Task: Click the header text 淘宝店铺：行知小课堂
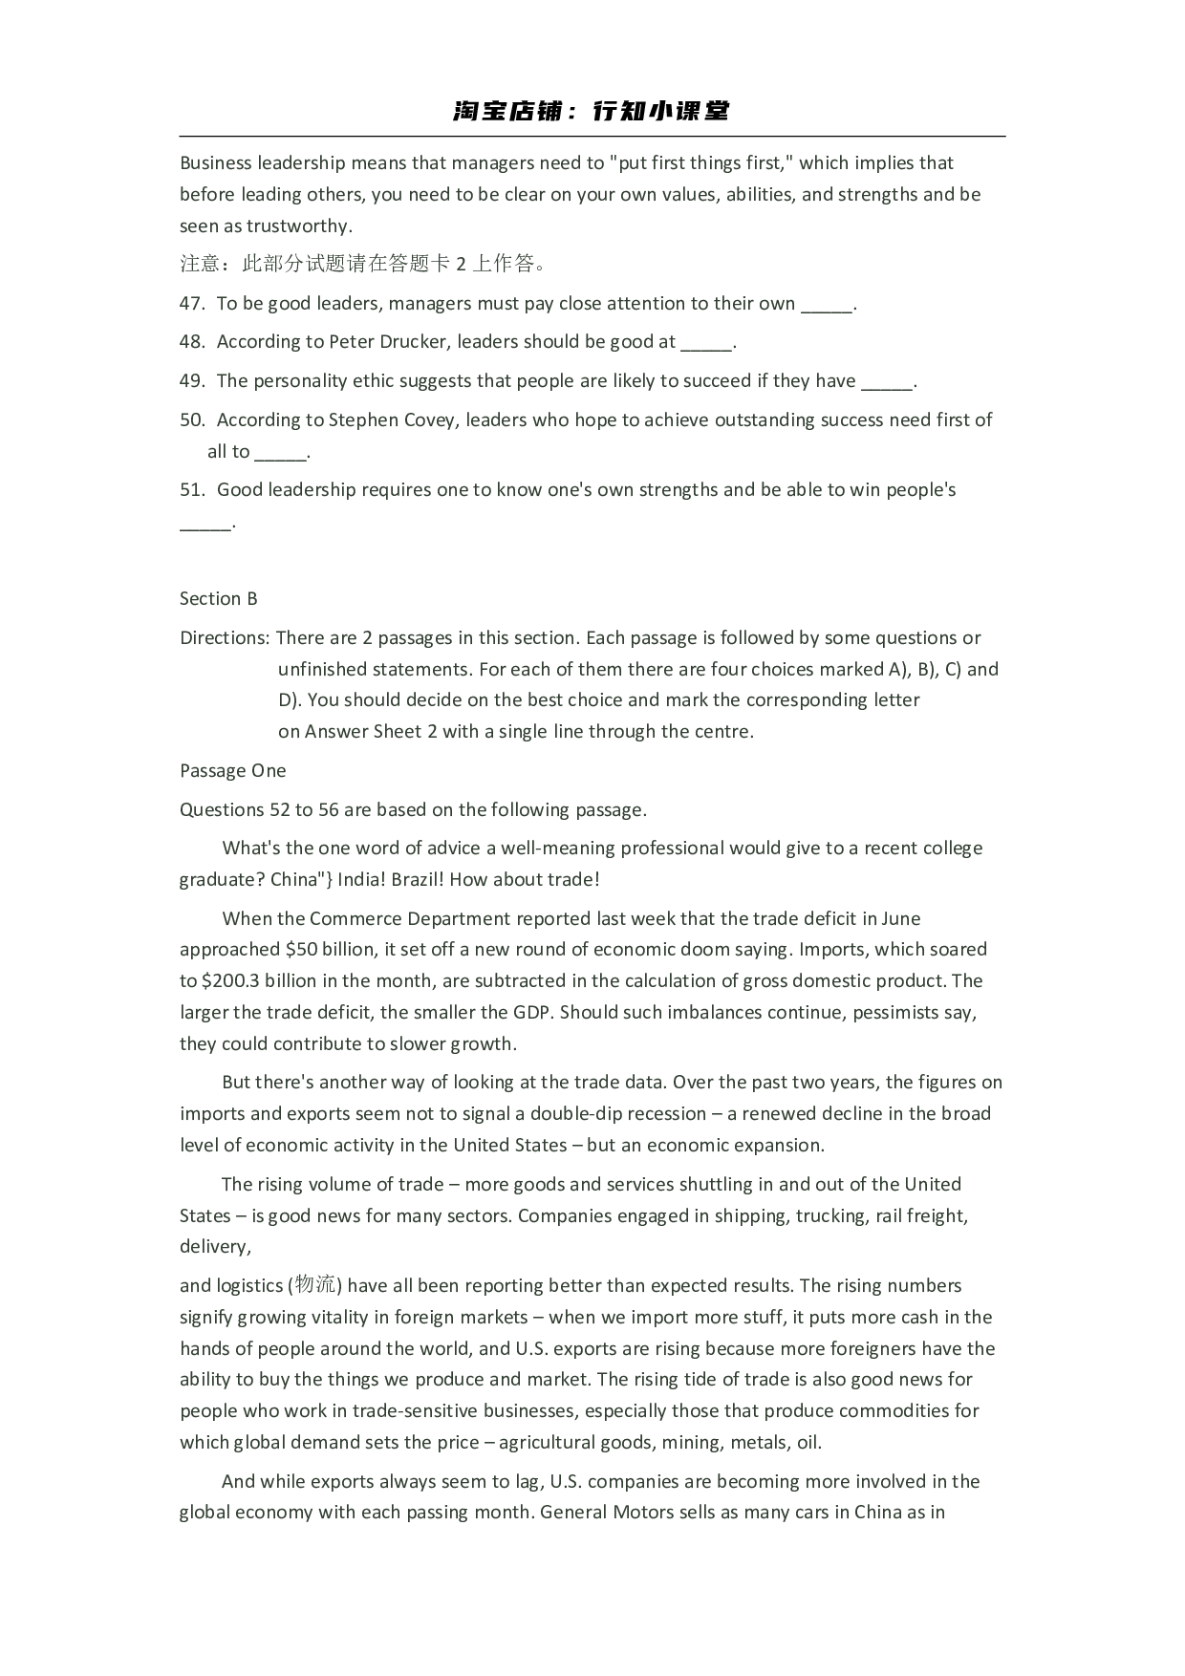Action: pyautogui.click(x=592, y=112)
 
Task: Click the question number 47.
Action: pyautogui.click(x=191, y=304)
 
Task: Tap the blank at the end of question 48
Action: pyautogui.click(x=707, y=344)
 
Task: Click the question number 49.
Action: pyautogui.click(x=191, y=381)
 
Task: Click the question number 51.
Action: pyautogui.click(x=191, y=490)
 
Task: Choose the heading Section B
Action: pyautogui.click(x=219, y=599)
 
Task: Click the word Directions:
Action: pyautogui.click(x=225, y=638)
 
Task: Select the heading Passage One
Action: pyautogui.click(x=232, y=771)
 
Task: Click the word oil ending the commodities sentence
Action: pyautogui.click(x=808, y=1443)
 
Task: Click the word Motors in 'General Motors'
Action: pyautogui.click(x=644, y=1513)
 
